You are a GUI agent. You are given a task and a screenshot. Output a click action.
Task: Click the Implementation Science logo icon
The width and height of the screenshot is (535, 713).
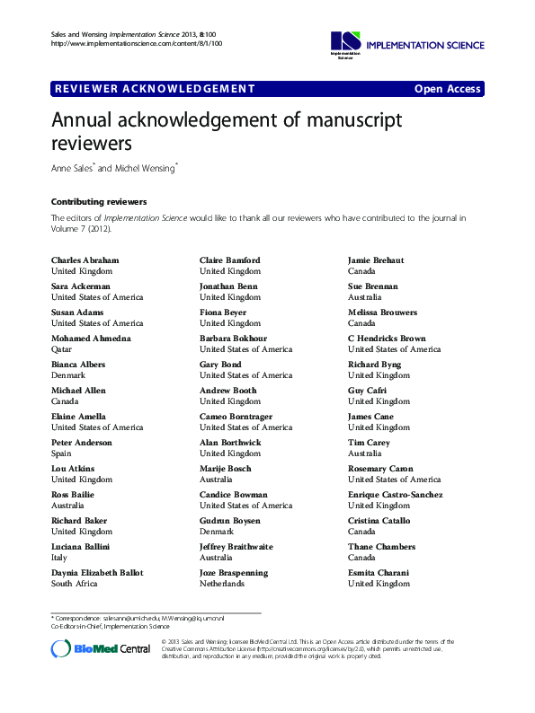coord(344,41)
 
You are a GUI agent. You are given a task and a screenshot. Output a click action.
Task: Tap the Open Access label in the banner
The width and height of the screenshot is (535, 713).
coord(448,89)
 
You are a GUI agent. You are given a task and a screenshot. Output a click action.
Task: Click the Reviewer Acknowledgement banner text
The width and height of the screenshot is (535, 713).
coord(155,89)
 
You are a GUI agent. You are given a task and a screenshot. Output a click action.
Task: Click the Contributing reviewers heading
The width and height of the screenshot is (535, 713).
coord(99,202)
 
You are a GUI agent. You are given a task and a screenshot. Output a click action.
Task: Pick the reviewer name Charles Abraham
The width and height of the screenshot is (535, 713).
coord(85,260)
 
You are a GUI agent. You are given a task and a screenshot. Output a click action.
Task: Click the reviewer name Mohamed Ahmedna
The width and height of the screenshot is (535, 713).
coord(91,339)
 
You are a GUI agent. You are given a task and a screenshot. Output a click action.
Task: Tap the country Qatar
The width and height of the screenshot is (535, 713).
coord(62,349)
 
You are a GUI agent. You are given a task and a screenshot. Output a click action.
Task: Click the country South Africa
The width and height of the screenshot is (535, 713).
coord(74,584)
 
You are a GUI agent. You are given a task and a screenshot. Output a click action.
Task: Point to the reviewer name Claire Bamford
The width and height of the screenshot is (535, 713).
coord(230,260)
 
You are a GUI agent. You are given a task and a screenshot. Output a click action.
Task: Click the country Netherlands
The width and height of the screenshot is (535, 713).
coord(222,584)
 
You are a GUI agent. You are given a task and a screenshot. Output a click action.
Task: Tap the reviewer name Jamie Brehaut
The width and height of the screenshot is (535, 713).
coord(376,260)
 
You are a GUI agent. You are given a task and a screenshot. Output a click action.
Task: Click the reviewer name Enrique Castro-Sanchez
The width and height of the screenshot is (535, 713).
coord(395,495)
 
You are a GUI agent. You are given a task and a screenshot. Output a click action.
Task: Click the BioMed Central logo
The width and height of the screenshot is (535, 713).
coord(101,648)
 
